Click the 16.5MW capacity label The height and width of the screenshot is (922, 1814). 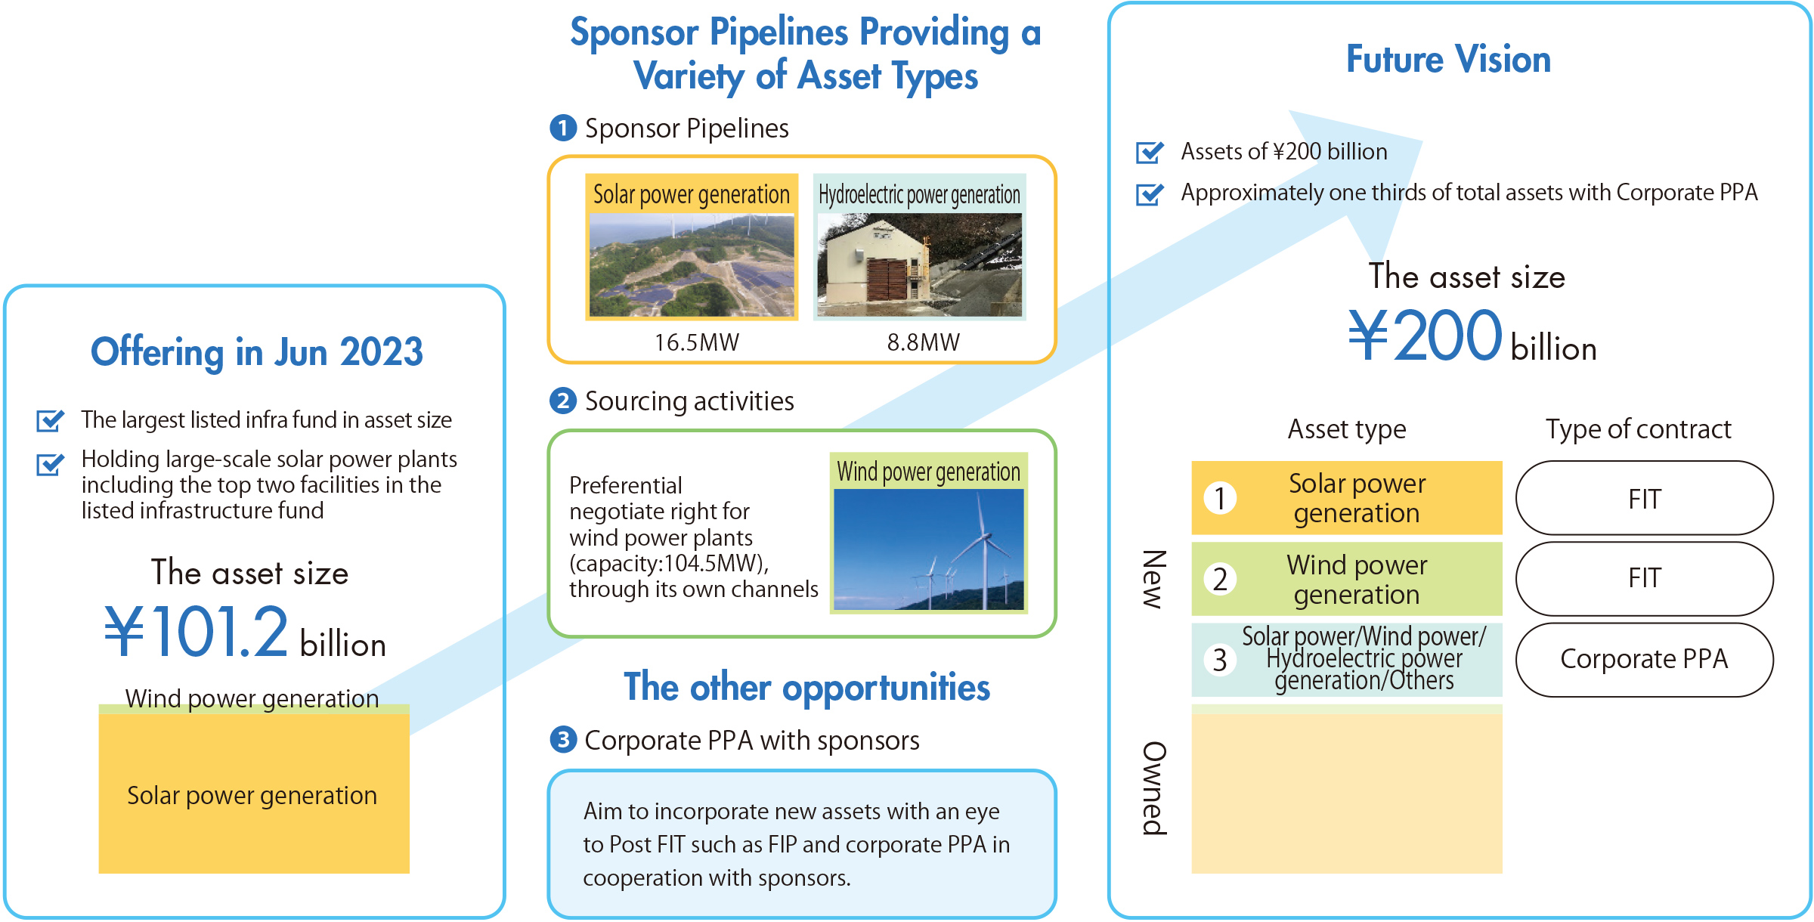(696, 342)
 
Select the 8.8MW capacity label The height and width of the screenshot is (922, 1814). (923, 342)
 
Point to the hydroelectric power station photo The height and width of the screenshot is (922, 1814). (920, 265)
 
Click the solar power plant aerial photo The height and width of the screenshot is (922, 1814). (692, 265)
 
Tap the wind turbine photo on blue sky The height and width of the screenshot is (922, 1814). (929, 549)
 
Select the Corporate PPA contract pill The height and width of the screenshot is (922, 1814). (1644, 660)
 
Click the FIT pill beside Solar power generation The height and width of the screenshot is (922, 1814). (1644, 499)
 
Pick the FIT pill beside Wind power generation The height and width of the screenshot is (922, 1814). (1644, 579)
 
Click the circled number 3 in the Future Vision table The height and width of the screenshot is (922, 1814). (1220, 660)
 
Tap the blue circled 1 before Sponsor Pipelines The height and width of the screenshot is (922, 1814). (563, 128)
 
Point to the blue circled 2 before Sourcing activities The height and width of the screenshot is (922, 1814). (563, 401)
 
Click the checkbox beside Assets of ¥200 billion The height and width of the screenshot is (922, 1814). (1150, 152)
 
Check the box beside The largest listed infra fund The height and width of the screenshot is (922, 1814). (50, 420)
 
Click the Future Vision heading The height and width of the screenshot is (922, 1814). (1448, 59)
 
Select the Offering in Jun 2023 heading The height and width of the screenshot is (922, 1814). (257, 352)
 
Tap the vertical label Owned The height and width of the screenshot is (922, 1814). (1154, 788)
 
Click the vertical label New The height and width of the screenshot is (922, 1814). (1154, 579)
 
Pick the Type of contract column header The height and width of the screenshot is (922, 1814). (1638, 429)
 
